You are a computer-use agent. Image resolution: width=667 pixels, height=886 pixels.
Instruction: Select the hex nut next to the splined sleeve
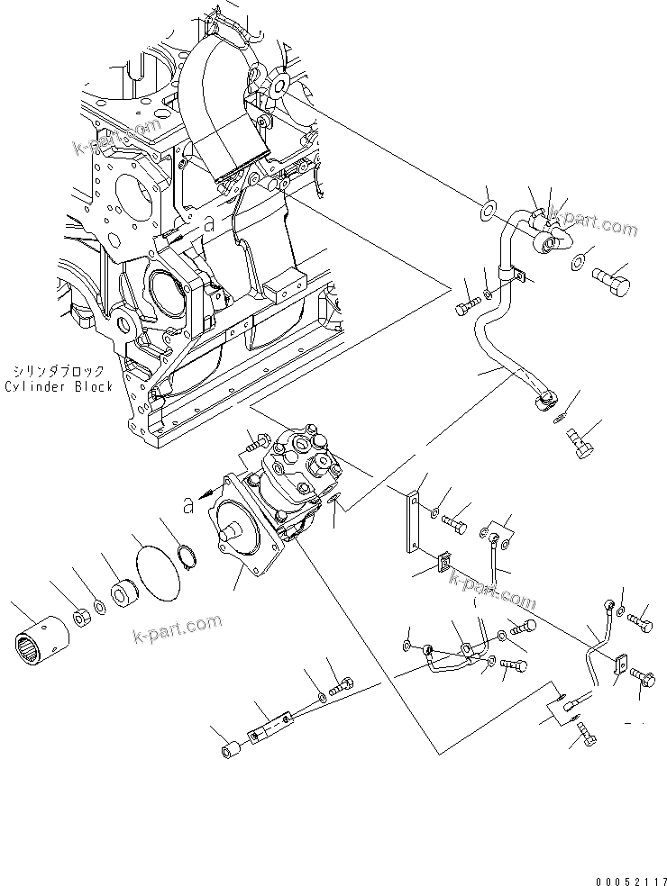tap(80, 619)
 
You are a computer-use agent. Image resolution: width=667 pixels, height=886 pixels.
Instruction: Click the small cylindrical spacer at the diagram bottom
tap(229, 749)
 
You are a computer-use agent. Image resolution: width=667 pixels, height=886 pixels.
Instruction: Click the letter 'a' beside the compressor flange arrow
tap(188, 506)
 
